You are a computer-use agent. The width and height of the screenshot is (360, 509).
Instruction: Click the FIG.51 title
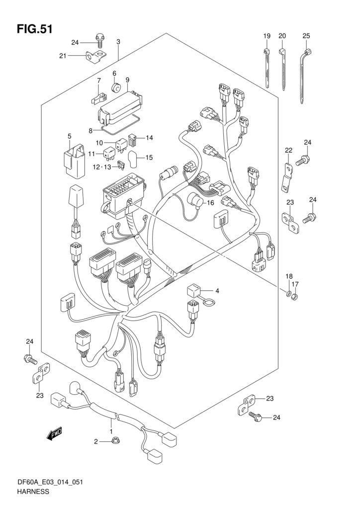(34, 29)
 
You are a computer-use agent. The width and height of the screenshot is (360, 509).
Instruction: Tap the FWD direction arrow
(54, 434)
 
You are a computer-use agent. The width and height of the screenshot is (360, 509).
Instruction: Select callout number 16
(210, 203)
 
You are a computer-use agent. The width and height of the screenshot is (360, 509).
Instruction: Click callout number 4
(217, 291)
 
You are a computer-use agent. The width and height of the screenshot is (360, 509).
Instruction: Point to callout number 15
(149, 158)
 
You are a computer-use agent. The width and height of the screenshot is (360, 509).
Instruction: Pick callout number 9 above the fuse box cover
(128, 80)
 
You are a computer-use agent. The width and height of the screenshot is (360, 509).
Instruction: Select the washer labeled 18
(288, 294)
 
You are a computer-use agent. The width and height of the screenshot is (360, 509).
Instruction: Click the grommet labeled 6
(116, 87)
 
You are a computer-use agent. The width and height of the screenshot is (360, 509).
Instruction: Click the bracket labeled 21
(96, 57)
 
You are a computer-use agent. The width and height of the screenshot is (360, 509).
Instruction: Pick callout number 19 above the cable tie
(267, 36)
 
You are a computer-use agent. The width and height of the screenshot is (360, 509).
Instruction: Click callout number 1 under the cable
(111, 431)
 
